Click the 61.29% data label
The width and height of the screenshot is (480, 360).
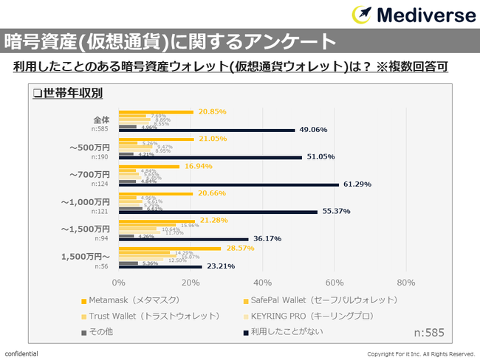coord(357,184)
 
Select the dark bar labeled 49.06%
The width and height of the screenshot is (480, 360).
coord(207,131)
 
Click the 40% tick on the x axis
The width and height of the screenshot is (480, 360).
coord(262,283)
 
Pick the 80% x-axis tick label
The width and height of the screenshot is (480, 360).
coord(406,283)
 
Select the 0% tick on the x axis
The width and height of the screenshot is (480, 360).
coord(118,283)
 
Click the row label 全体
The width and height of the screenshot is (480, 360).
coord(100,119)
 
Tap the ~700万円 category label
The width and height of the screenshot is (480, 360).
coord(89,174)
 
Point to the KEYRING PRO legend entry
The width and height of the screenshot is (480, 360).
coord(318,316)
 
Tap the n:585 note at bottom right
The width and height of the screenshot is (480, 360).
coord(428,332)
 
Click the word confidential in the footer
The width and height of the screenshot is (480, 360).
coord(21,354)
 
